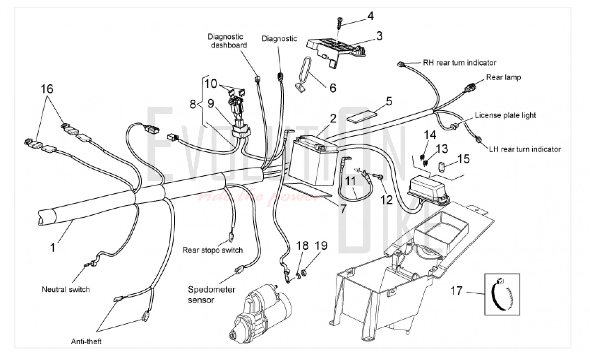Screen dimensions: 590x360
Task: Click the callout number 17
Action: [x=457, y=291]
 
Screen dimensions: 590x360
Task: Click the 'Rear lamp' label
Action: [x=504, y=77]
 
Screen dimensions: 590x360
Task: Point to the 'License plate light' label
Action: [x=505, y=115]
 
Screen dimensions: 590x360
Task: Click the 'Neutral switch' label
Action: [x=66, y=289]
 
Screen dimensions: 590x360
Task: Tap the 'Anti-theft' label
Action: [x=86, y=341]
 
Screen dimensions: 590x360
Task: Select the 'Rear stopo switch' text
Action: [x=212, y=250]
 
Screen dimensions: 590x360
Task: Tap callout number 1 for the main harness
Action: [x=53, y=247]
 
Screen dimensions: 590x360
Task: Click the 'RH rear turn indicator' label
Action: [x=459, y=63]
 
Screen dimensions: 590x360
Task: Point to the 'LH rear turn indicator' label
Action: [x=525, y=149]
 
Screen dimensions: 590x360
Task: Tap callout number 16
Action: [x=47, y=89]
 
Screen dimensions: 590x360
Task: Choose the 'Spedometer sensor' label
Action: [x=211, y=294]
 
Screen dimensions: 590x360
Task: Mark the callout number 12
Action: [x=386, y=200]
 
